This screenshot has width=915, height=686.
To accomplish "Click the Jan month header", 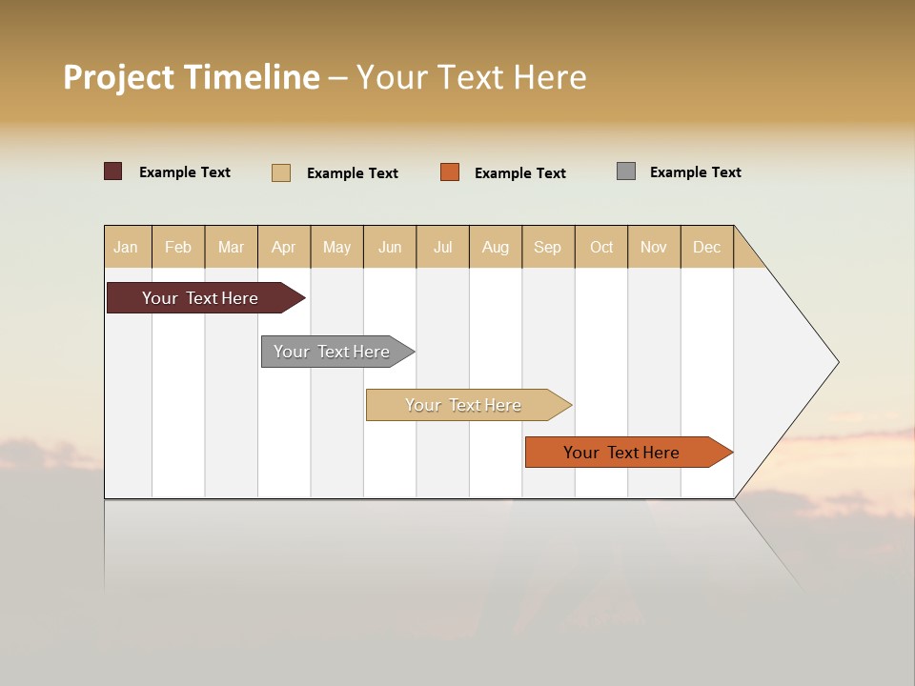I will click(127, 247).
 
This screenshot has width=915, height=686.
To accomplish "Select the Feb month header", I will click(178, 247).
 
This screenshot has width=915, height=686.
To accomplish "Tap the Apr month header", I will click(284, 247).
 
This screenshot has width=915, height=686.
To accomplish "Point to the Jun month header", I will click(390, 247).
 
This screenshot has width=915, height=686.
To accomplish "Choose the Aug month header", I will click(496, 247).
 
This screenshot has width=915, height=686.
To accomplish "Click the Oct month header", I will click(601, 247).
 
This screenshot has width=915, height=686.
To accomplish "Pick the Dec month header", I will click(707, 247).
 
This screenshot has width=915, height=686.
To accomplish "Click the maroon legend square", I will click(113, 171).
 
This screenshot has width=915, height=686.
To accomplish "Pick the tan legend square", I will click(281, 172).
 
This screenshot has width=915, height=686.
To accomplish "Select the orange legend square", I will click(450, 171).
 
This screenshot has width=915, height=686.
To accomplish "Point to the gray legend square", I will click(626, 171).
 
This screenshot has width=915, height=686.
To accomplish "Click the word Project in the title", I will click(119, 77).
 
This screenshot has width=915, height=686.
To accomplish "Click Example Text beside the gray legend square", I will click(695, 172).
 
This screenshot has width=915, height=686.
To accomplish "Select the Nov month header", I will click(654, 247).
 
